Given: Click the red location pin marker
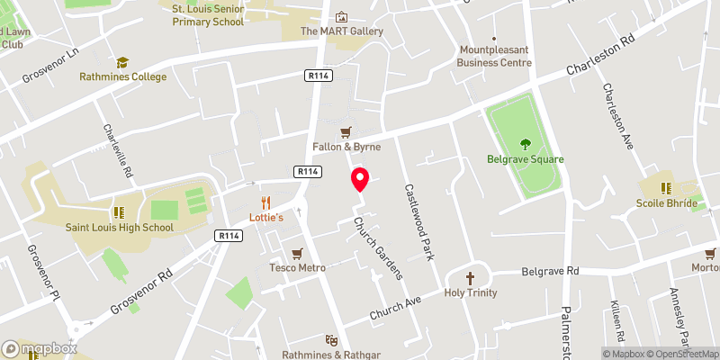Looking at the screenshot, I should (360, 179).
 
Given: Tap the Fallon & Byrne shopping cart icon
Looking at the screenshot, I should (346, 131).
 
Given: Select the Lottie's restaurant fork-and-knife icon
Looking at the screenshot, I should (265, 202).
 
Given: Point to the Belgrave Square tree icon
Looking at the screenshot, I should (526, 144).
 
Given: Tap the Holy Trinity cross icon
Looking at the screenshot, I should (470, 277).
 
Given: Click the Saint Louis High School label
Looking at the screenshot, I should (119, 228).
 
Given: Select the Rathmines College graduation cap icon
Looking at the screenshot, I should (121, 62).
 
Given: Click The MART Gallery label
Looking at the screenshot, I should (342, 31).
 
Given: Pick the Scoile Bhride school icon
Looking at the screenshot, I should (667, 188).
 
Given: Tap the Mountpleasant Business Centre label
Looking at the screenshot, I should (495, 56).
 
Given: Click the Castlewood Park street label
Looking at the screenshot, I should (419, 222).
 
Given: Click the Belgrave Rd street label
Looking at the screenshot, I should (551, 271).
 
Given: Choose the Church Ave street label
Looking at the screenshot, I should (395, 310).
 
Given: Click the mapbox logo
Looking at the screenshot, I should (39, 348).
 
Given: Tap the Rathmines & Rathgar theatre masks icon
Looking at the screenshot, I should (332, 341).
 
